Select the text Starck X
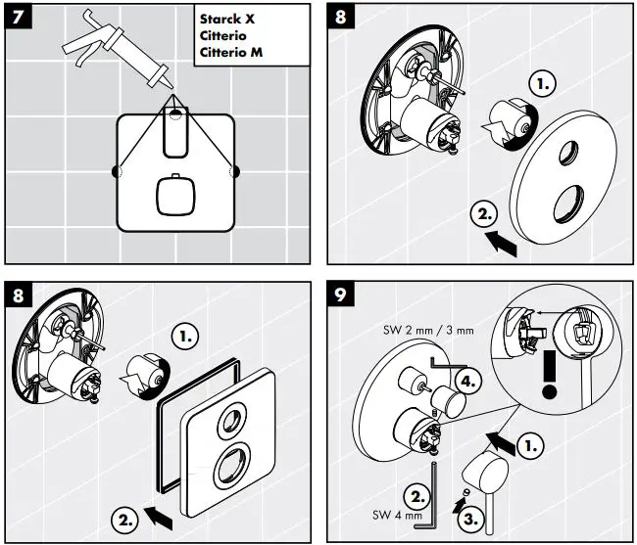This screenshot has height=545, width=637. (x=228, y=19)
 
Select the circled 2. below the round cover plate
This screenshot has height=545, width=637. (x=484, y=212)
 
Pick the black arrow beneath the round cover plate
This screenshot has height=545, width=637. (x=503, y=241)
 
